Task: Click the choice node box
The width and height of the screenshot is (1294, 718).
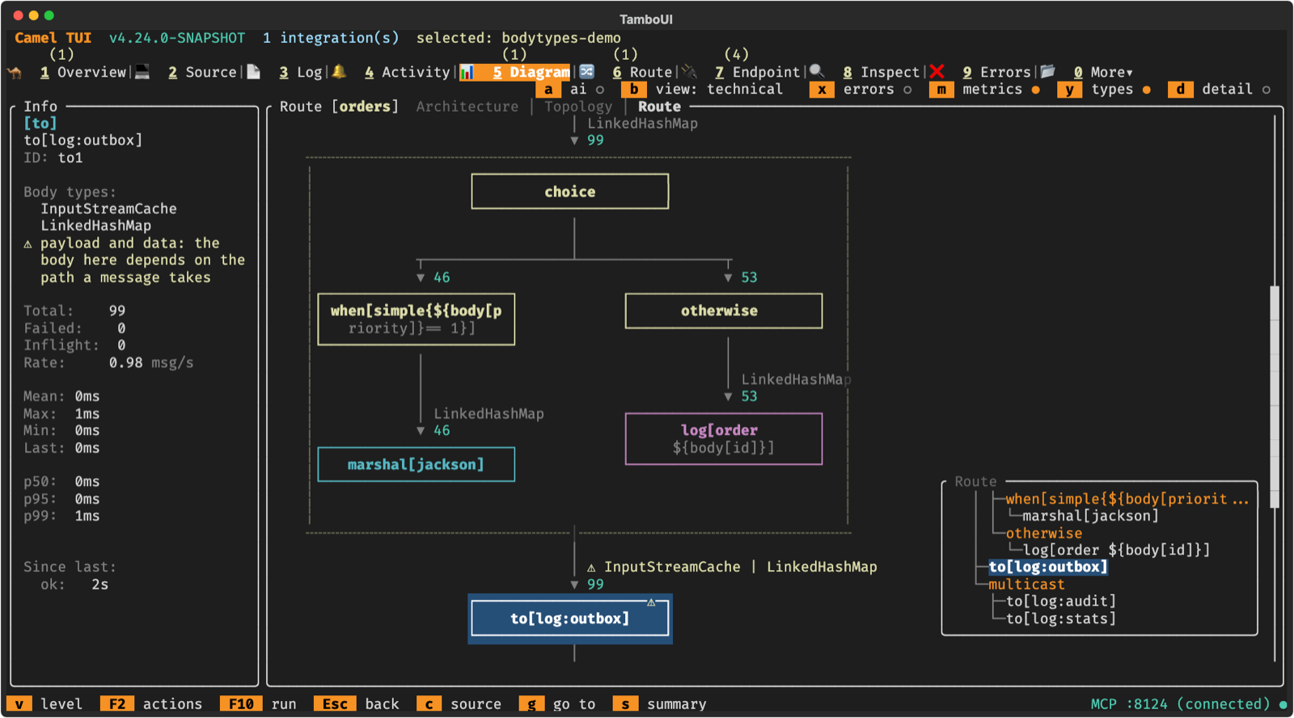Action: point(569,191)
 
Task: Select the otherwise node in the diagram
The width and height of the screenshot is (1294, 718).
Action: point(723,310)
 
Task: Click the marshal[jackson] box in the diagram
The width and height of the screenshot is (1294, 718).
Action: point(416,464)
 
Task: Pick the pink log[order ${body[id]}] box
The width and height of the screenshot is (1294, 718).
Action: point(723,438)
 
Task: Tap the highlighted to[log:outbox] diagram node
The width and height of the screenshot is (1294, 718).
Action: point(569,619)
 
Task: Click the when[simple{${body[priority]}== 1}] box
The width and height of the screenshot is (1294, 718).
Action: point(416,319)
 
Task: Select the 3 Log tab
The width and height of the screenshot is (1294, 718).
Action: point(300,72)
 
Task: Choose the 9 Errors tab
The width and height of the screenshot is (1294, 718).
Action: point(996,72)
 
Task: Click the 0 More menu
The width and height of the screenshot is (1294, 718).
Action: point(1103,72)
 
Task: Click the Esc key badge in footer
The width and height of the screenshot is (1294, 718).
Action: point(335,704)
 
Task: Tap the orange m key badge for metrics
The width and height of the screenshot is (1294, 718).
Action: point(941,90)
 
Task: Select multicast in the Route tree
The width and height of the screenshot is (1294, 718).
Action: point(1026,584)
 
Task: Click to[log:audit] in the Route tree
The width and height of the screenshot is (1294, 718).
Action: point(1060,602)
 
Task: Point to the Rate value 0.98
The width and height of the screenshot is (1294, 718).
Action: point(125,363)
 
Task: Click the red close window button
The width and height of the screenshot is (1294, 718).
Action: point(18,15)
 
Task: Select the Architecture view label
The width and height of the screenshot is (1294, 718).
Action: point(467,107)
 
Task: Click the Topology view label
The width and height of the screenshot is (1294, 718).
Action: point(578,107)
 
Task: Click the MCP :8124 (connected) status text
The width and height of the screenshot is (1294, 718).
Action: point(1180,704)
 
